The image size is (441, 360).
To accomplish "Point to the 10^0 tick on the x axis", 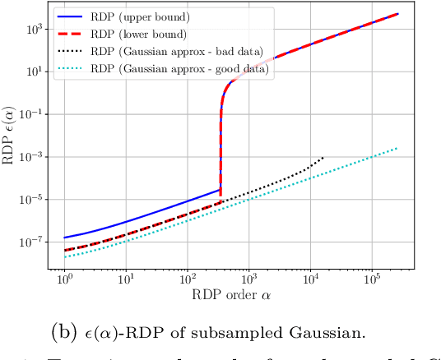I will pos(64,279).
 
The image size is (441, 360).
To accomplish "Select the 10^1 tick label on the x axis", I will pos(126,279).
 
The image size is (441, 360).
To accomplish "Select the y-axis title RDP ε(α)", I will pos(10,136).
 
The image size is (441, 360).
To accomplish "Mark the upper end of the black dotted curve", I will pos(323,157).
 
